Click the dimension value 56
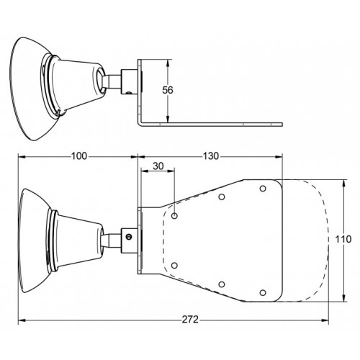(x=168, y=90)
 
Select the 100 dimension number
(x=79, y=156)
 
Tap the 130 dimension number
(x=211, y=156)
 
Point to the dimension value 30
(x=158, y=166)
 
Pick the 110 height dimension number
(x=343, y=239)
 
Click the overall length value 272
(x=190, y=320)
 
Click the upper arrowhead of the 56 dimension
(x=168, y=63)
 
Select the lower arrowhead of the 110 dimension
(x=344, y=297)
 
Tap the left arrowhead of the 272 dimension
(x=22, y=320)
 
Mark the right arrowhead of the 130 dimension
(x=279, y=157)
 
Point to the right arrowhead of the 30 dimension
(x=171, y=171)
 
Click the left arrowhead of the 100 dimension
(x=22, y=157)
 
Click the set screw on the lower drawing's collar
(x=130, y=237)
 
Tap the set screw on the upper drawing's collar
(x=129, y=92)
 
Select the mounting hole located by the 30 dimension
(x=175, y=216)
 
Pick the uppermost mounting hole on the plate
(x=263, y=189)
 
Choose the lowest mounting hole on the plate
(x=263, y=293)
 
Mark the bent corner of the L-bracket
(x=140, y=124)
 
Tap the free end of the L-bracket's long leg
(x=282, y=125)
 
